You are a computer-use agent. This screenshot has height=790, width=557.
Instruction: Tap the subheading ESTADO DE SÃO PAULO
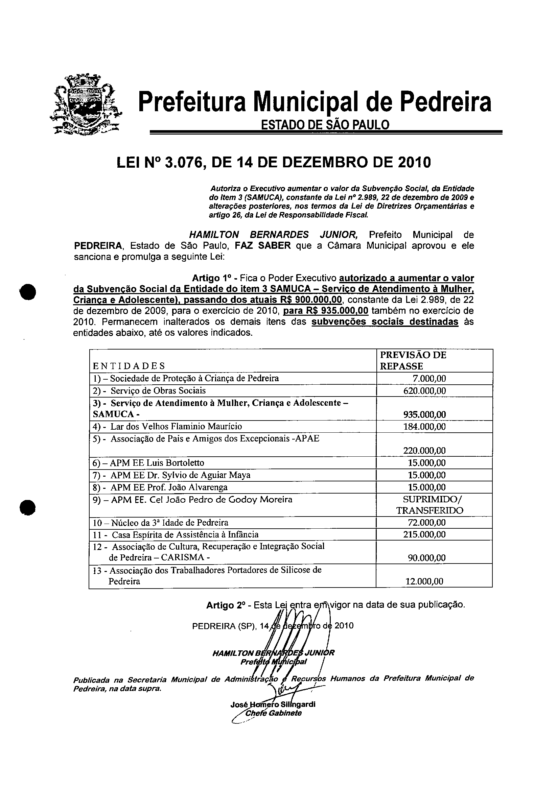(x=325, y=124)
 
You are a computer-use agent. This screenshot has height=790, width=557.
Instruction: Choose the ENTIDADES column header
(x=129, y=365)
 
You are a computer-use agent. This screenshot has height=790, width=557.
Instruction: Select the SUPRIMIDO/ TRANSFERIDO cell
(x=430, y=505)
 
